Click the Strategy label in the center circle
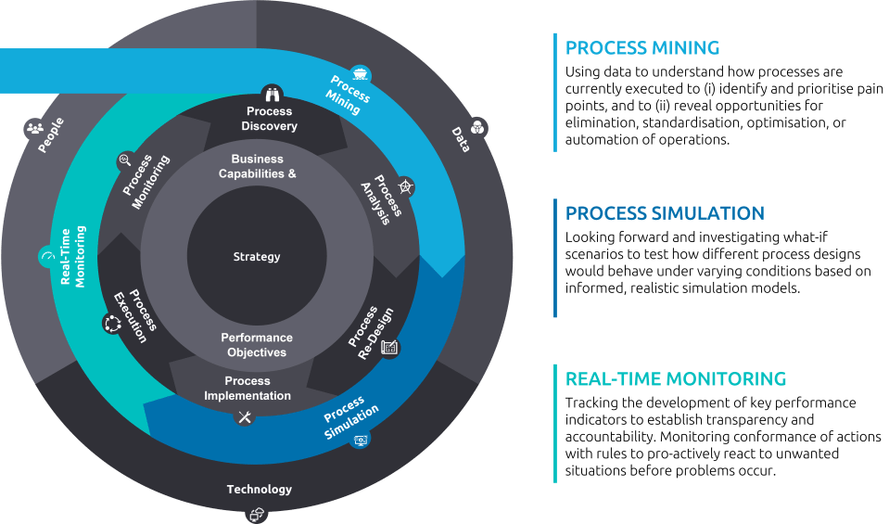[x=257, y=257]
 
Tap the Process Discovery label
[x=269, y=119]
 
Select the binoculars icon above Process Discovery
[x=273, y=92]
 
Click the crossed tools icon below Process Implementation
[x=245, y=417]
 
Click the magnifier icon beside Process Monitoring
[x=124, y=160]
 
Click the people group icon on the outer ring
[x=35, y=128]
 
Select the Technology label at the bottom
[x=259, y=489]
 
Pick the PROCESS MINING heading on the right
[x=641, y=47]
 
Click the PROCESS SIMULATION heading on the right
[x=664, y=213]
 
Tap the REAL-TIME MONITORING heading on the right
[x=675, y=378]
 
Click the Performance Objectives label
[x=257, y=345]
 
